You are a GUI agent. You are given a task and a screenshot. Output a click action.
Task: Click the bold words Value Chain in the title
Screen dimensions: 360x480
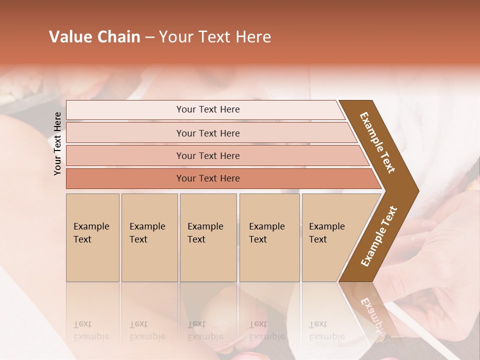(94, 37)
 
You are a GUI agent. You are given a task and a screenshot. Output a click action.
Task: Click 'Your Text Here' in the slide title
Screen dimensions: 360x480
(215, 37)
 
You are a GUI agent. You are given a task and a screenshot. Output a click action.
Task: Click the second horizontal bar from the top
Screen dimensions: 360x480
(208, 133)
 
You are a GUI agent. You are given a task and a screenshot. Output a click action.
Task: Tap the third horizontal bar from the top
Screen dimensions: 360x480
(208, 155)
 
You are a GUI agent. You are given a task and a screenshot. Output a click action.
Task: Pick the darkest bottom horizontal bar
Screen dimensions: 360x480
(208, 178)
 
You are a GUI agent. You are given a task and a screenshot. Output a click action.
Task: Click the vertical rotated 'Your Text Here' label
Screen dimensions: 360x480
(57, 143)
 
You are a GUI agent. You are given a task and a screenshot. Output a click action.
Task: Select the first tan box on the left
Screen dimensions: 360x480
(92, 237)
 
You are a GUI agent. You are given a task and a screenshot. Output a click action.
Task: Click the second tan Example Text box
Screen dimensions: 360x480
(149, 237)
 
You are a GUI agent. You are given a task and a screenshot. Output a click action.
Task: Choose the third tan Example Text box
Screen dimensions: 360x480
(208, 237)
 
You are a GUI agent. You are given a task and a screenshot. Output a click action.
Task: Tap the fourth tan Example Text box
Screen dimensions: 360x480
(269, 237)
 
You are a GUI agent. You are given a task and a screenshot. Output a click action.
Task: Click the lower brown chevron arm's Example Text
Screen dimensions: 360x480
(379, 236)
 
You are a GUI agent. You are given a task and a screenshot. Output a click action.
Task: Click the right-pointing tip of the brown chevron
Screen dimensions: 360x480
(412, 190)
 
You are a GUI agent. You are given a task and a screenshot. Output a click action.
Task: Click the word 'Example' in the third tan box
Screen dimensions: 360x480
(205, 226)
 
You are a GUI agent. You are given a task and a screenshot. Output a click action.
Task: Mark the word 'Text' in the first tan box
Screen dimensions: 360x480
(82, 239)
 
